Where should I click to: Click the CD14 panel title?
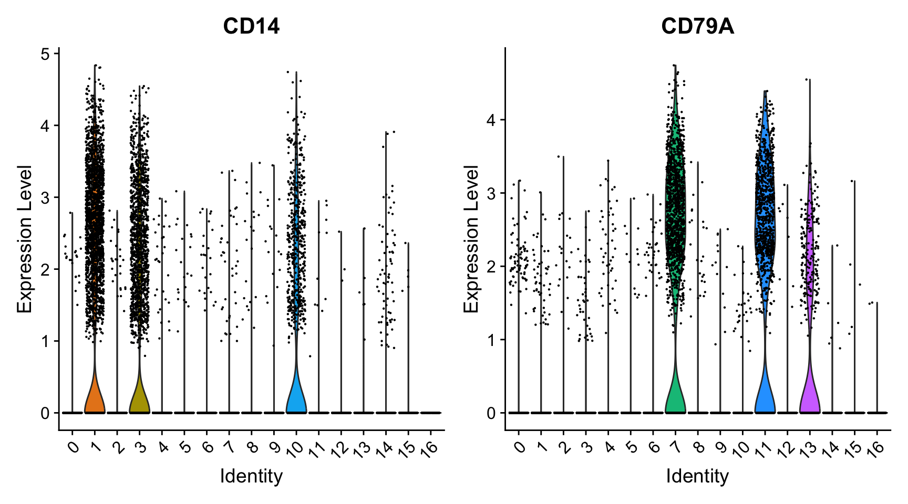(251, 26)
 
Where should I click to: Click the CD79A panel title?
(697, 26)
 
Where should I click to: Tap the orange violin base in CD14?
(95, 399)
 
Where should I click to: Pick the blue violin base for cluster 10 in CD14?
(296, 399)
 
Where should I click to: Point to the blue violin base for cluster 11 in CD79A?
(765, 399)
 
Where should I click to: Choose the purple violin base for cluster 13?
(809, 399)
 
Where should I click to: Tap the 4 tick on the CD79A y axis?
(491, 120)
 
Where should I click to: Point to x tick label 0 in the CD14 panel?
(74, 446)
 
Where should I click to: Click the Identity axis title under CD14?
(251, 476)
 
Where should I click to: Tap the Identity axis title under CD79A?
(697, 476)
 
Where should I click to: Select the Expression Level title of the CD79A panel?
(471, 239)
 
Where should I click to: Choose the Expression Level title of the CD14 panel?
(25, 239)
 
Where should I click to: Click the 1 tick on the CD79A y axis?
(491, 340)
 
